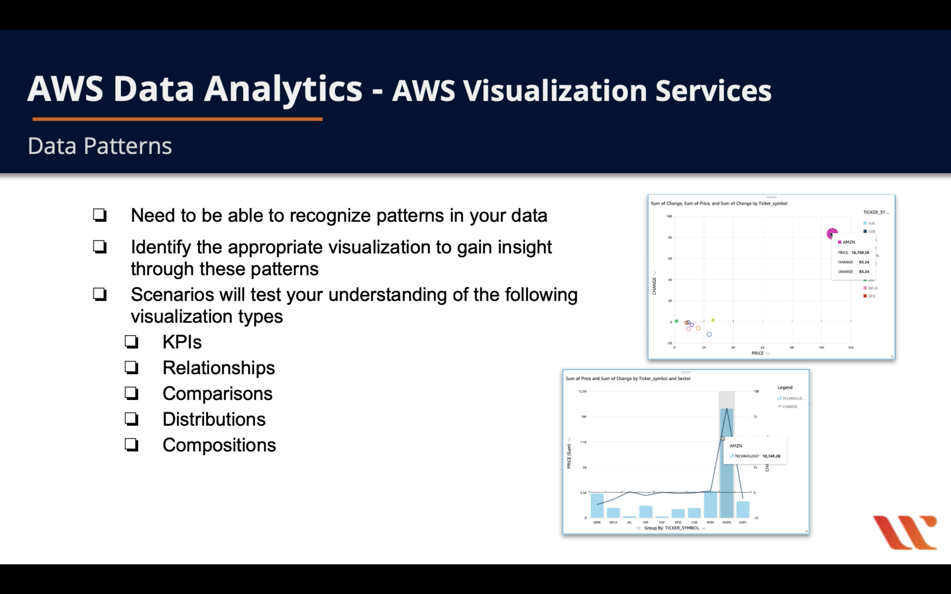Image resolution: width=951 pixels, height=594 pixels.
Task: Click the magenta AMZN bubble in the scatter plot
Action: point(832,234)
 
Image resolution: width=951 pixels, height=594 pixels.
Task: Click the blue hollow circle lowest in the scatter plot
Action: point(709,335)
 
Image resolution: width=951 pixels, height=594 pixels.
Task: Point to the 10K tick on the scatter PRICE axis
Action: point(821,348)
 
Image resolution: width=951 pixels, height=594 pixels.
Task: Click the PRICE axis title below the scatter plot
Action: point(758,353)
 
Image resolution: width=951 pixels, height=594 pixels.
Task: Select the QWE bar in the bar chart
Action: point(597,506)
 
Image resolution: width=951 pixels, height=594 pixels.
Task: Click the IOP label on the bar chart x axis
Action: point(646,522)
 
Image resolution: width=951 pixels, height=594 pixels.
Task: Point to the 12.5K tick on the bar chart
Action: point(582,391)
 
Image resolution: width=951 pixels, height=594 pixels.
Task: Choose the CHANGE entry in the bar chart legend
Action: point(789,407)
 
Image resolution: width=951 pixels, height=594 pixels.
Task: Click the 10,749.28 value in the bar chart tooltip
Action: point(771,456)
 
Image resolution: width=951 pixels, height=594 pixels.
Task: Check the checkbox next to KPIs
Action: point(132,342)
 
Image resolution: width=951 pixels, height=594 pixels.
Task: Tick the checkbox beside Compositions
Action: point(132,445)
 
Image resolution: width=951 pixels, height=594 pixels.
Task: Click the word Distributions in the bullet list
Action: point(214,419)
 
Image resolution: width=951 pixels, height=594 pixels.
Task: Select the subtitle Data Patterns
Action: point(100,146)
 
